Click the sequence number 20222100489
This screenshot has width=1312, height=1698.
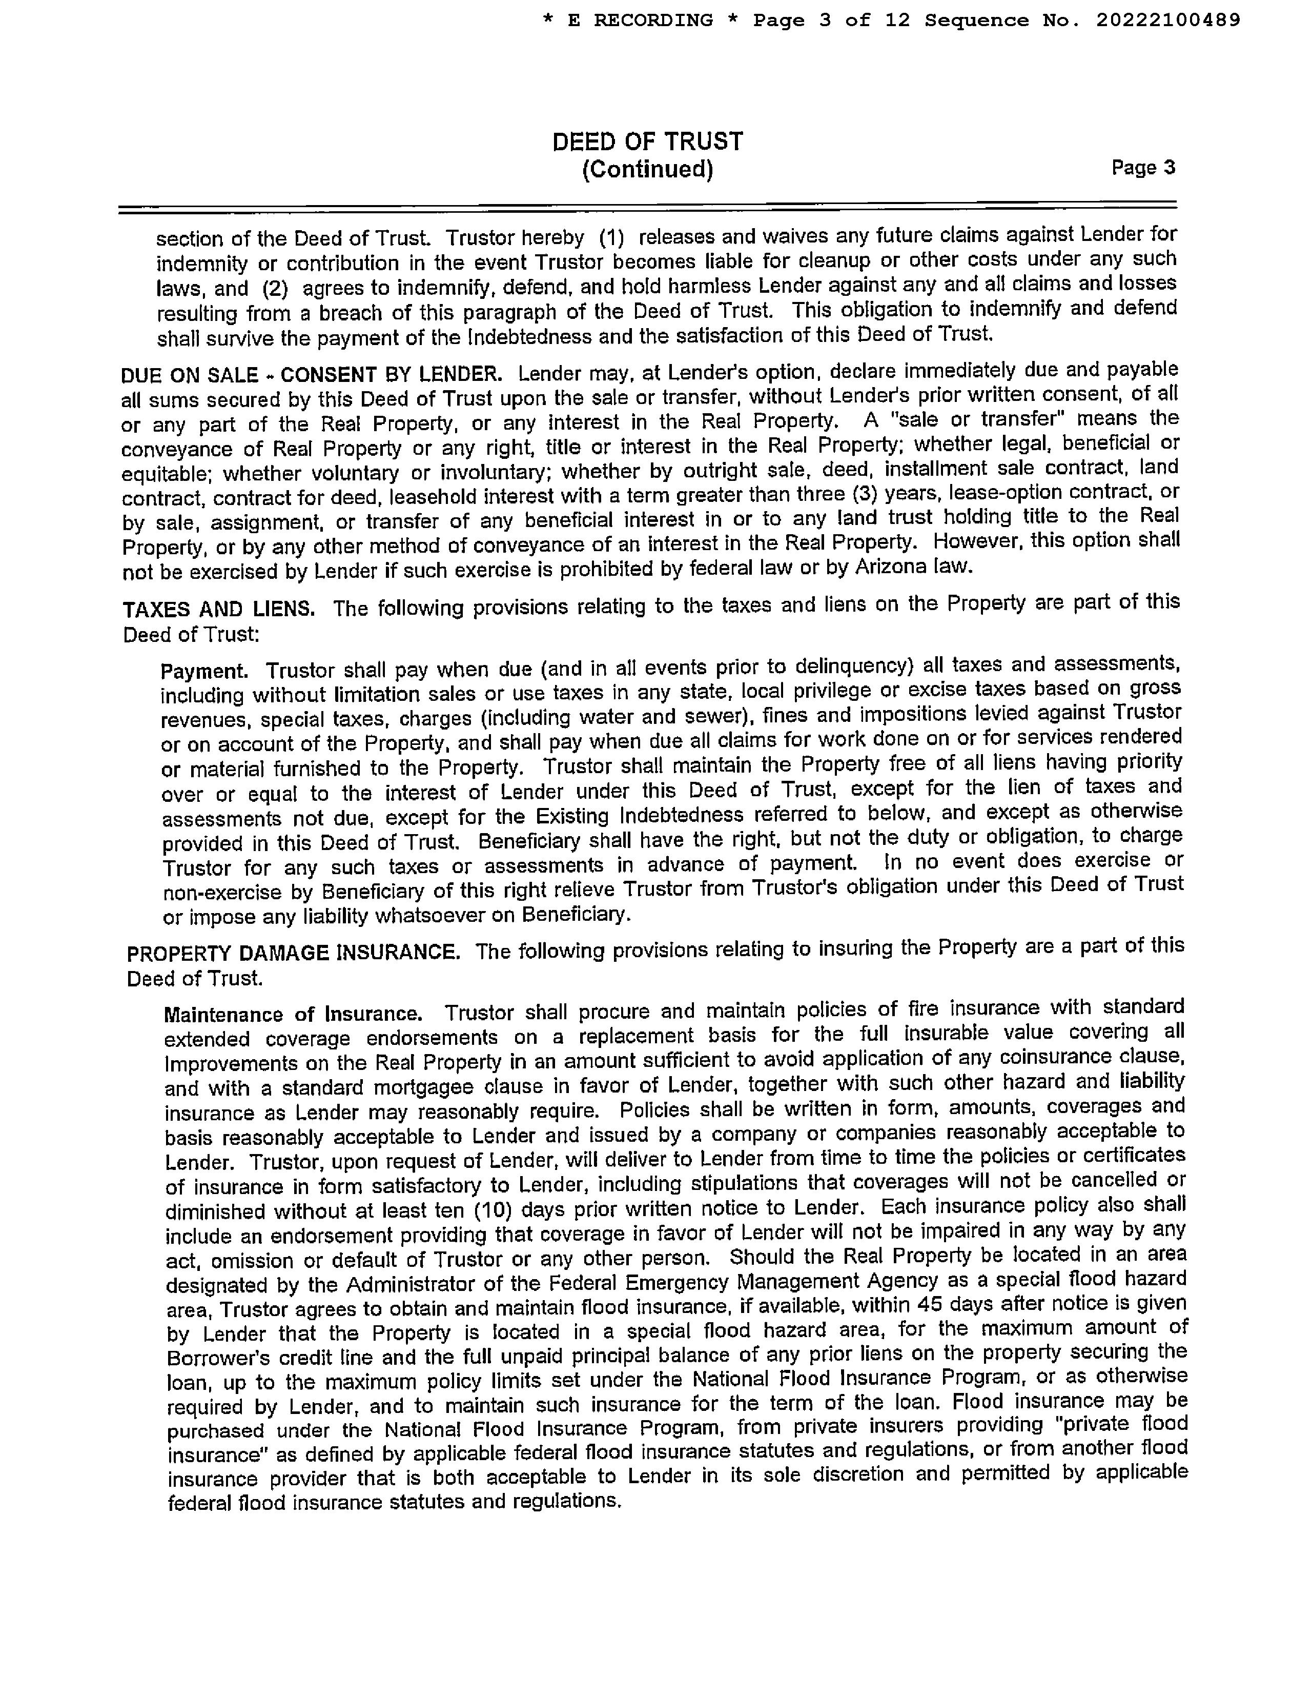coord(1168,20)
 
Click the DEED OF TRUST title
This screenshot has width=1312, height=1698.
coord(647,141)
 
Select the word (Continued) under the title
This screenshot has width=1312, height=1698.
coord(647,169)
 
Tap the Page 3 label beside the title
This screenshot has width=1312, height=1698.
coord(1142,167)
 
